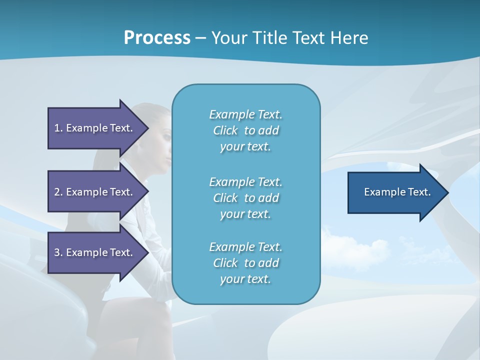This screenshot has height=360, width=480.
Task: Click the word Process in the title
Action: pyautogui.click(x=157, y=37)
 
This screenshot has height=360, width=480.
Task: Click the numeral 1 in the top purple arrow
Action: pyautogui.click(x=57, y=128)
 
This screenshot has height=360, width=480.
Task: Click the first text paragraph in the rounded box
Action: pyautogui.click(x=245, y=130)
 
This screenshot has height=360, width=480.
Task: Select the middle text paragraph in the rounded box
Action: pyautogui.click(x=245, y=198)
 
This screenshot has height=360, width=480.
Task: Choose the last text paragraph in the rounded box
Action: pyautogui.click(x=245, y=263)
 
